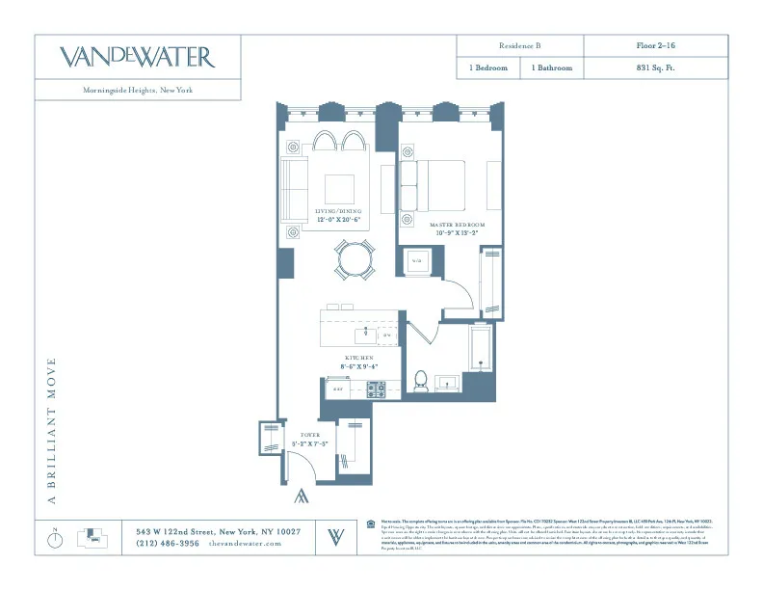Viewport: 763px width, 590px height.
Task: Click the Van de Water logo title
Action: click(137, 57)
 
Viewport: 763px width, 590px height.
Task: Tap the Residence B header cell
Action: click(520, 46)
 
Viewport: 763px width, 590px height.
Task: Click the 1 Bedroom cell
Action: click(488, 68)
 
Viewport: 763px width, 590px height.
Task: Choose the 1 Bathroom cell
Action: click(552, 68)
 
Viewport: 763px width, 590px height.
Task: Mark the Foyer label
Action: click(309, 440)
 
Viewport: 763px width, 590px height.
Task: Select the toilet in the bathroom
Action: click(420, 380)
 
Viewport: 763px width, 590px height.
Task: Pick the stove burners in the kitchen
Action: click(376, 389)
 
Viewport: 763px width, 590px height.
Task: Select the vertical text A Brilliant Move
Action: click(53, 431)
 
